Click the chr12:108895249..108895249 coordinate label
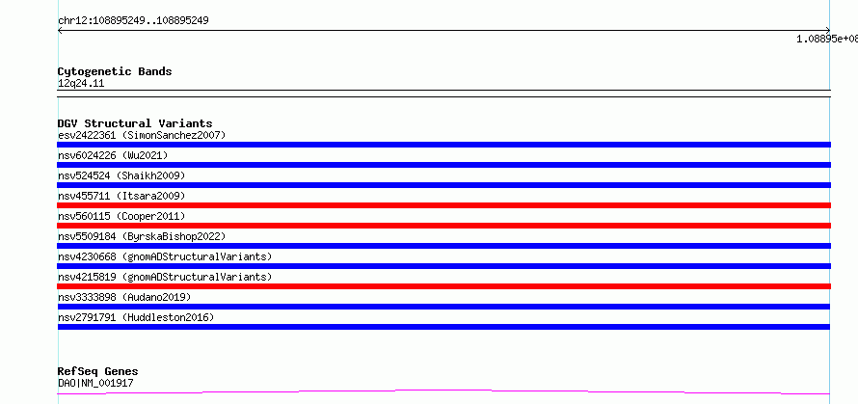click(133, 21)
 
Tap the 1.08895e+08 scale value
click(827, 39)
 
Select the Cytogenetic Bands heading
click(115, 71)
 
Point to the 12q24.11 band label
click(81, 84)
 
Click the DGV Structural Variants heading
click(135, 123)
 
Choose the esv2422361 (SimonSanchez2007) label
click(142, 135)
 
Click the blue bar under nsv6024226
click(443, 165)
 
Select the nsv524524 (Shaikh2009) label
click(121, 175)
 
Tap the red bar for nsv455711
click(443, 205)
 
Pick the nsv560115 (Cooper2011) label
click(121, 216)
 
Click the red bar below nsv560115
click(443, 226)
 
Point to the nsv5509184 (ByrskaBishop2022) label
click(142, 236)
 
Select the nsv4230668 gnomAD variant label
click(165, 256)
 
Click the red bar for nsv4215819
click(443, 286)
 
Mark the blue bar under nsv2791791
click(443, 327)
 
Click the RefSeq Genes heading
click(98, 372)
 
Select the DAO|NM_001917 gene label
click(95, 383)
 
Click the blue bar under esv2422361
click(443, 145)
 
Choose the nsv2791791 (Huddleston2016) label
click(136, 317)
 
